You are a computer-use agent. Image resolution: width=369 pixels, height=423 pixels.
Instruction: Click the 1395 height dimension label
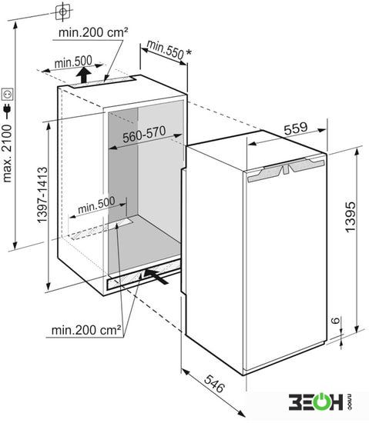tap(351, 216)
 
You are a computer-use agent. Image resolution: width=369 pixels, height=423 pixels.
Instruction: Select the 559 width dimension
tap(296, 128)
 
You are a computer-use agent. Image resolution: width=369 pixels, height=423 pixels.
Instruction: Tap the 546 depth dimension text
tap(214, 383)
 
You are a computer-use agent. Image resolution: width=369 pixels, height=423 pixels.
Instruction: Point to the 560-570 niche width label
tap(144, 134)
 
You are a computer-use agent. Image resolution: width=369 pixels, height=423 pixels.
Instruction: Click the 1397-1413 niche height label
tap(42, 195)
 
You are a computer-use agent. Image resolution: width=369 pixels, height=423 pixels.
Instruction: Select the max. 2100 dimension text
tap(7, 153)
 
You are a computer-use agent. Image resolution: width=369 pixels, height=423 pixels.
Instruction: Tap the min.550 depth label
tap(166, 49)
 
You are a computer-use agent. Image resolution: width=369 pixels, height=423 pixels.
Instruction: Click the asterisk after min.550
tap(189, 52)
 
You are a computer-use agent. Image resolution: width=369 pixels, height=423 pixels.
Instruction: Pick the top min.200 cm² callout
tap(93, 32)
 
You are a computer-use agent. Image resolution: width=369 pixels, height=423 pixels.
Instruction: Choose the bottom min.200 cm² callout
tap(86, 330)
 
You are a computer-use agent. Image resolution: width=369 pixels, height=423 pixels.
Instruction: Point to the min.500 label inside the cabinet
tap(96, 205)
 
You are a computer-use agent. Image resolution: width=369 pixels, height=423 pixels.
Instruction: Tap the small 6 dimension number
tap(335, 320)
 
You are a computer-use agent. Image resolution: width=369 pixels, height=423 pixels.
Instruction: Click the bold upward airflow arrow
tap(83, 75)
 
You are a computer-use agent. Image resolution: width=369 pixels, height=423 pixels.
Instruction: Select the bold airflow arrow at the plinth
tap(156, 276)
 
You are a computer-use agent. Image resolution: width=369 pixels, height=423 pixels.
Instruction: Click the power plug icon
tap(7, 110)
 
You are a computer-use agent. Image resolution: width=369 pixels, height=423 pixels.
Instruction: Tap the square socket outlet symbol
tap(7, 94)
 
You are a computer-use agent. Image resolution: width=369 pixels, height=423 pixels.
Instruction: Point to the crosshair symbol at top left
tap(62, 12)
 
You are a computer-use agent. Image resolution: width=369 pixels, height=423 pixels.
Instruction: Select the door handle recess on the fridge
tap(286, 170)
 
